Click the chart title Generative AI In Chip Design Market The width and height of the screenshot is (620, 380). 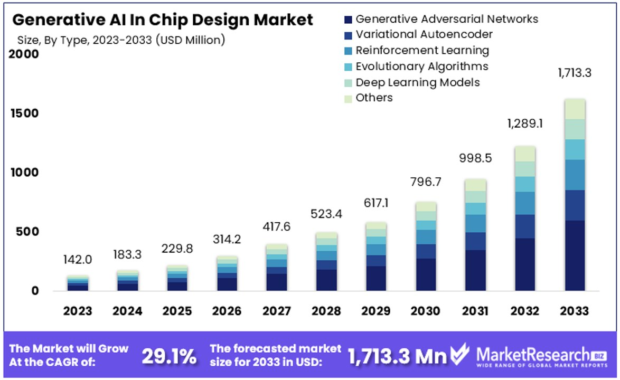[x=163, y=20]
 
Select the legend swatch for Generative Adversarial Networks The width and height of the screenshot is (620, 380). [x=347, y=20]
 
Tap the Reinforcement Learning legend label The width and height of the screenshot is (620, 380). [x=422, y=51]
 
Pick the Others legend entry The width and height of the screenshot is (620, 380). [x=374, y=98]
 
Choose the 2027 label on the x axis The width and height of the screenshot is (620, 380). [x=276, y=311]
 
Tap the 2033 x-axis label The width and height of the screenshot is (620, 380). [x=574, y=311]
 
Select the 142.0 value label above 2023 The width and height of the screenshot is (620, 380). [x=78, y=260]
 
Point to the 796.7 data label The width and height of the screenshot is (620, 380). [x=425, y=183]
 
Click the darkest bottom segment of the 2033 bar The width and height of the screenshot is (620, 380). [x=575, y=255]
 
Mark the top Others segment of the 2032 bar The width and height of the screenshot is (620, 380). [x=525, y=154]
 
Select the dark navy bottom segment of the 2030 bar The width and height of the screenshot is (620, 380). [x=426, y=274]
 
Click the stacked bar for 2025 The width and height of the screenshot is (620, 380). [x=177, y=278]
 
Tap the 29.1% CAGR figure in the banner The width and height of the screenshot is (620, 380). [x=168, y=356]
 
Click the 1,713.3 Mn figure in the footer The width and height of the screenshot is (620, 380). [x=397, y=356]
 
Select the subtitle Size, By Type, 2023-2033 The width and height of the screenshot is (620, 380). [x=121, y=40]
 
